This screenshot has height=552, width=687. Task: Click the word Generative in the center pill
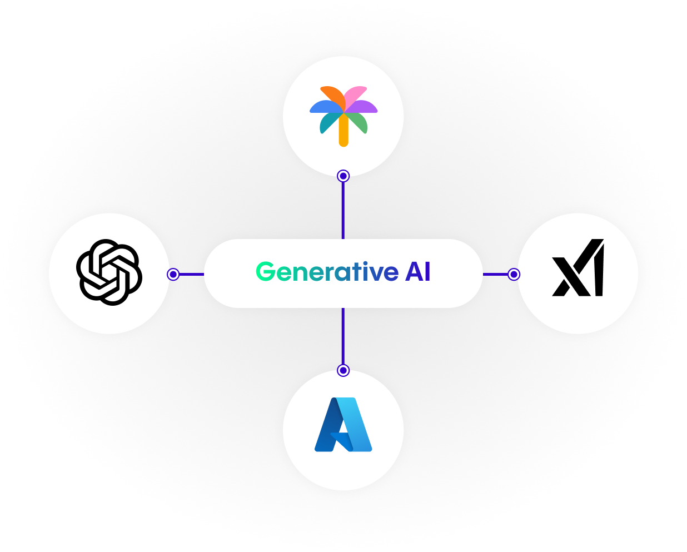(327, 272)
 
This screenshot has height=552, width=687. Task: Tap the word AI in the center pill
(417, 272)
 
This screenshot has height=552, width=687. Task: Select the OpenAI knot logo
(109, 272)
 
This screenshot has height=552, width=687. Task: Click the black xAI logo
(578, 268)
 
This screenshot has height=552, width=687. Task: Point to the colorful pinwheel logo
(343, 115)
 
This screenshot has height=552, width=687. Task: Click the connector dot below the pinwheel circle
(343, 176)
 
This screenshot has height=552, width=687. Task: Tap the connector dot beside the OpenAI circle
(173, 274)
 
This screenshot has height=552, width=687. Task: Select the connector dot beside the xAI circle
(514, 274)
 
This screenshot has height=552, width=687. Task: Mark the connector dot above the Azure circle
(343, 370)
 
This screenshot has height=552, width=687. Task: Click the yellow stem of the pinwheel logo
(343, 133)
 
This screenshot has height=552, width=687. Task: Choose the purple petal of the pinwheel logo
(364, 106)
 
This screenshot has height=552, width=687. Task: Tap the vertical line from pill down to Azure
(343, 336)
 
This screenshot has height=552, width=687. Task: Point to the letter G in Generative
(265, 272)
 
